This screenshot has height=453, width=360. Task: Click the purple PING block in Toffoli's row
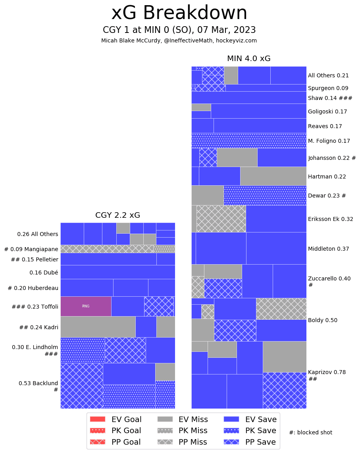coord(86,306)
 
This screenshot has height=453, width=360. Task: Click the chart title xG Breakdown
coord(179,13)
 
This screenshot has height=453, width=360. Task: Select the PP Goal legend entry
coord(115,442)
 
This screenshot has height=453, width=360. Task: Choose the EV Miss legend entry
coord(182,419)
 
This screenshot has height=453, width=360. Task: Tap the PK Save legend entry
coord(250,430)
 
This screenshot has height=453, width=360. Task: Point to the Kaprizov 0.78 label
coord(327,372)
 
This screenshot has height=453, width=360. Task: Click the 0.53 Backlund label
coord(38,383)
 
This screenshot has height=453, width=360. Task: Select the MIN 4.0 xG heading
coord(248,59)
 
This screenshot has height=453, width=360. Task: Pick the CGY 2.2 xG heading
coord(117,215)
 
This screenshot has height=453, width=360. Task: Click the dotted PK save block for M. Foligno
coord(249,140)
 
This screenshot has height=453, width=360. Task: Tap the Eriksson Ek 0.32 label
coord(330,219)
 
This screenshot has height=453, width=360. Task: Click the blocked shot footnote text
coord(310,432)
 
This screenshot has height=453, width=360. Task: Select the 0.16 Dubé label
coord(44,273)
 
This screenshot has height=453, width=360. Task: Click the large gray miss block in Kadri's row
coord(98,326)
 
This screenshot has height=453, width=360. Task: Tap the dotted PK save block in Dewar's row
coord(265,195)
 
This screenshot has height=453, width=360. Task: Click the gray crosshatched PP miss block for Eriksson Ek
coord(221,219)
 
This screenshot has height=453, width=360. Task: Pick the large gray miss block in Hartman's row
coord(273,176)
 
